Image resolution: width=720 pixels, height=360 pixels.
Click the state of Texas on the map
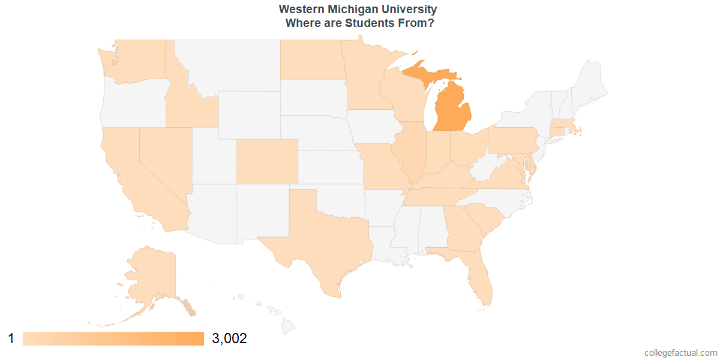318,240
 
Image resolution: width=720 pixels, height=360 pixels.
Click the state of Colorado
266,161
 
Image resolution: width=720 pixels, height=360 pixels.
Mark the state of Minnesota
363,78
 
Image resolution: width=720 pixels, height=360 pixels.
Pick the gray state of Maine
591,84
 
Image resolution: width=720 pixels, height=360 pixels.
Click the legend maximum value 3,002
230,339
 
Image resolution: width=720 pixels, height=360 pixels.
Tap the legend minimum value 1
11,339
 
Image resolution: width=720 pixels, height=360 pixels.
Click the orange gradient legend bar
113,339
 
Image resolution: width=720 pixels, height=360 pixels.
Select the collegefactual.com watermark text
680,353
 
